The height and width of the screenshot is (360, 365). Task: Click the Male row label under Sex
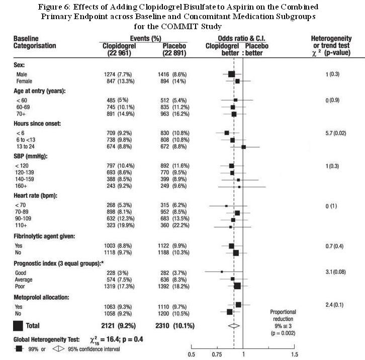click(x=21, y=74)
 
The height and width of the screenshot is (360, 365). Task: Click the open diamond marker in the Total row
click(x=233, y=325)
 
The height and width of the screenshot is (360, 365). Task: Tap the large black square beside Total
click(x=18, y=325)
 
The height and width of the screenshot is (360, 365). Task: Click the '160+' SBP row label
click(x=21, y=186)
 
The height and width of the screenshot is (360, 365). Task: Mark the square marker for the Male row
click(x=231, y=74)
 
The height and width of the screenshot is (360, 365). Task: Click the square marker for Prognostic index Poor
click(x=237, y=286)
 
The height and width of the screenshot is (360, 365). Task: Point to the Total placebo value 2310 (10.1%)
click(x=175, y=325)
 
